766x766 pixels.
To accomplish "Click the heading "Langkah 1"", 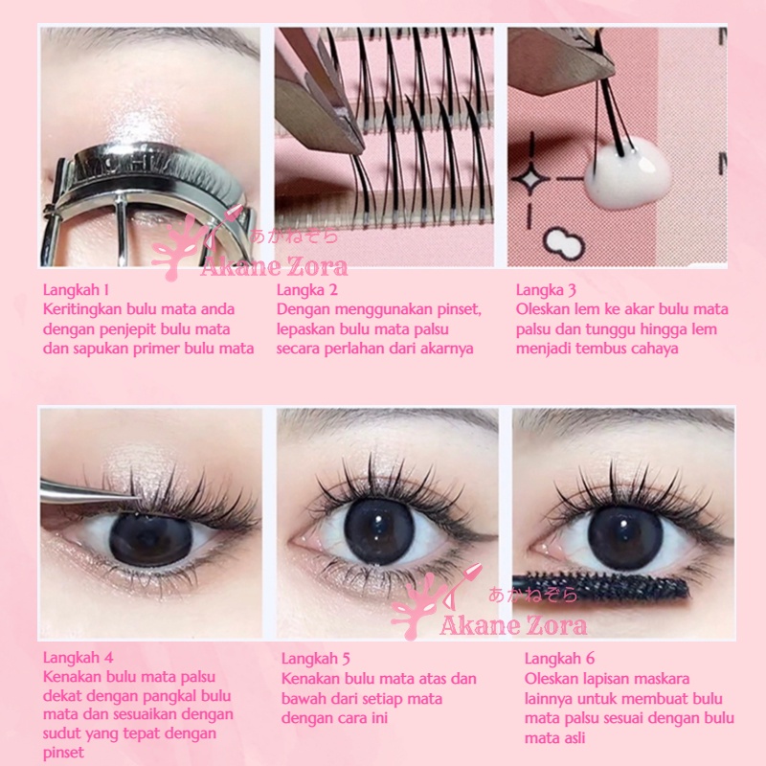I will pyautogui.click(x=77, y=289).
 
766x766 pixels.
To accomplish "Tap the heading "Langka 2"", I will pyautogui.click(x=311, y=289).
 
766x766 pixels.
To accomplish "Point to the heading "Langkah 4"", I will pyautogui.click(x=79, y=657).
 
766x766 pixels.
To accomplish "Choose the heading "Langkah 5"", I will pyautogui.click(x=317, y=658).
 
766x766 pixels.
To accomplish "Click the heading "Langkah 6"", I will pyautogui.click(x=560, y=658).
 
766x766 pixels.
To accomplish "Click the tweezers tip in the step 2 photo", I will pyautogui.click(x=357, y=148).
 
